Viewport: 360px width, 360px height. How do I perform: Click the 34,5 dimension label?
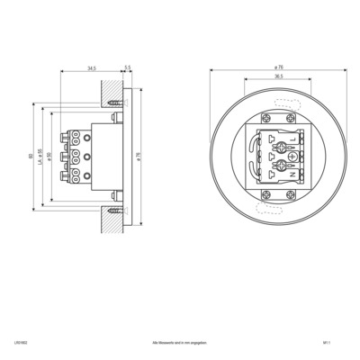93,67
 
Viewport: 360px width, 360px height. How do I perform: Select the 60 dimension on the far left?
31,157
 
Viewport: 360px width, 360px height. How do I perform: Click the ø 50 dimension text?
49,157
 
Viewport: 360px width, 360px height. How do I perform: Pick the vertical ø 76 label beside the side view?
137,157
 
